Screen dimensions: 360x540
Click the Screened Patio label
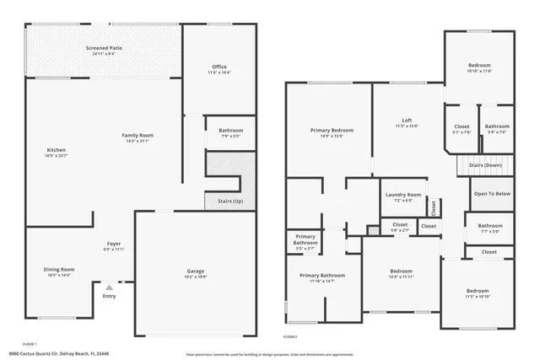click(104, 49)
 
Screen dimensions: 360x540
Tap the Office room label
click(219, 67)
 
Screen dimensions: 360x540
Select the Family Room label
click(137, 136)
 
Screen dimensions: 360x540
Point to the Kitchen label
click(56, 151)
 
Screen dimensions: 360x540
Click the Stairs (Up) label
click(230, 201)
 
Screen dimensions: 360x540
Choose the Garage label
click(196, 271)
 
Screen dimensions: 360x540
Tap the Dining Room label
click(59, 270)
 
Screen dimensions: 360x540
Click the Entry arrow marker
click(109, 287)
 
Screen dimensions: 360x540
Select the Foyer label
click(113, 244)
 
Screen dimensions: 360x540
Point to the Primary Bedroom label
click(332, 131)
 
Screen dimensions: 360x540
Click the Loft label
click(407, 120)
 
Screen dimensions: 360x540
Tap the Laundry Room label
click(402, 195)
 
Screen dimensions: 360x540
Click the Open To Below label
click(491, 193)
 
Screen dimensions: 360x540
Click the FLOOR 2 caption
click(291, 336)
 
